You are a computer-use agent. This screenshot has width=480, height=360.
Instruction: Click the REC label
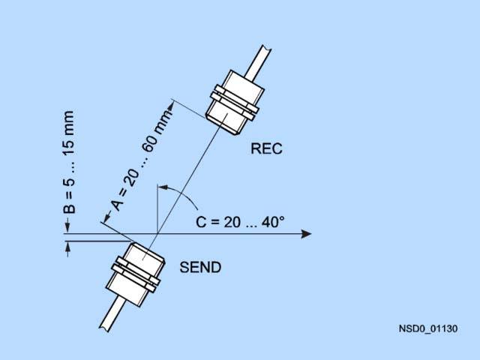coord(266,148)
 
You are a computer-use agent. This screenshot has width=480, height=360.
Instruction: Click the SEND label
coord(200,267)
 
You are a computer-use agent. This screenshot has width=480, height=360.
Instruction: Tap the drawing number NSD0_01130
coord(428,328)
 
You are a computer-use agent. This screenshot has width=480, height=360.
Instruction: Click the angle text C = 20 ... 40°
coord(240,222)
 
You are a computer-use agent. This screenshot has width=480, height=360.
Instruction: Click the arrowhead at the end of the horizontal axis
coord(305,234)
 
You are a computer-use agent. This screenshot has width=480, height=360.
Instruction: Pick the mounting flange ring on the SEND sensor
coord(135,275)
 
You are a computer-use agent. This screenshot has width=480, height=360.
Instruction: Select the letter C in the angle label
coord(201,222)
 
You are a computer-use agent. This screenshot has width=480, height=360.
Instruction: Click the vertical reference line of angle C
coord(157,210)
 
